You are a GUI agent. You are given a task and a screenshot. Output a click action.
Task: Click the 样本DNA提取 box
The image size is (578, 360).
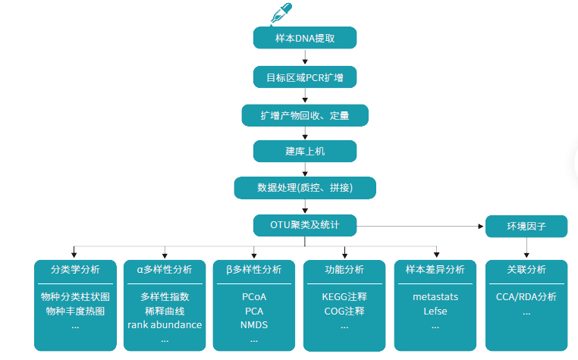click(305, 38)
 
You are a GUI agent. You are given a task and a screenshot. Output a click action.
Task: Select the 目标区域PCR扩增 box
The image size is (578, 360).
click(305, 77)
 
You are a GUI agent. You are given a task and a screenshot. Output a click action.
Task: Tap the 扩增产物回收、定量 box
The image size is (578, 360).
click(305, 114)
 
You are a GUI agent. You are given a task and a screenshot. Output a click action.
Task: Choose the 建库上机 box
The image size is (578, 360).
click(305, 151)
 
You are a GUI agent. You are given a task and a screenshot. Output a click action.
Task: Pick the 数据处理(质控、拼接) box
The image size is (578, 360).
click(305, 187)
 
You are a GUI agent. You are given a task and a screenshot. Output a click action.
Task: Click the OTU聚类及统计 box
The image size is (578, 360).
click(305, 225)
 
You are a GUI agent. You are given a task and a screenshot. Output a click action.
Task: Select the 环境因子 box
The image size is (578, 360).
click(526, 226)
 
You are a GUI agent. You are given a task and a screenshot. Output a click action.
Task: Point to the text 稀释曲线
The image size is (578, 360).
click(165, 311)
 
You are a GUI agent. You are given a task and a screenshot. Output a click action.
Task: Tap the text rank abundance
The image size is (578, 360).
click(165, 325)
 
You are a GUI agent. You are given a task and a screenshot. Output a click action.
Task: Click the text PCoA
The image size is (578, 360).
click(254, 296)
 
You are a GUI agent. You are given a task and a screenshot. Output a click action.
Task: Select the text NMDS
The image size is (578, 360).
click(254, 325)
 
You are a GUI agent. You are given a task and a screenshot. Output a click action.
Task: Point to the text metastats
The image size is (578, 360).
click(435, 296)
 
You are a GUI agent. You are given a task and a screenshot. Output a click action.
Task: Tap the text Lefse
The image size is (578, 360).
click(435, 311)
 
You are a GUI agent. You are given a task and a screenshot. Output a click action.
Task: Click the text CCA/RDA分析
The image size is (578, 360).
click(526, 296)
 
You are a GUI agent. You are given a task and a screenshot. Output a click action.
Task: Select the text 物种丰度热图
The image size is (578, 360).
click(75, 311)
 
